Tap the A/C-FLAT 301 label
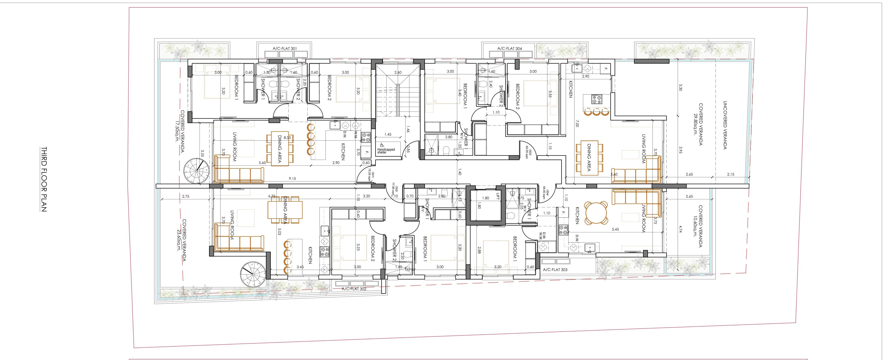(x=285, y=49)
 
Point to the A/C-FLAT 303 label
(x=555, y=270)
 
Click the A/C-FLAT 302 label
(x=354, y=289)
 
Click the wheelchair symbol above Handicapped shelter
(x=382, y=145)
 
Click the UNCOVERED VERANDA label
(x=725, y=125)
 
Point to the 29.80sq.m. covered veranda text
(x=695, y=124)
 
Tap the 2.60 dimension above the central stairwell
(x=398, y=72)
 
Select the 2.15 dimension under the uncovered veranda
(x=730, y=174)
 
